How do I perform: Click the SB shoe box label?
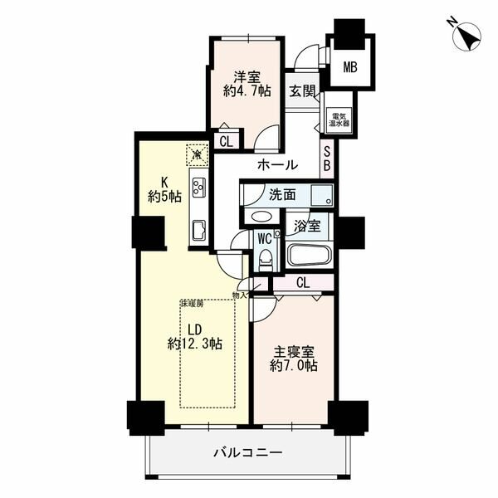coord(328,158)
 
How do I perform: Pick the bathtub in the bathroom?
coord(310,254)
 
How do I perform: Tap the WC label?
coord(265,237)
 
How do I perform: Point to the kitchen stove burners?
coord(199,185)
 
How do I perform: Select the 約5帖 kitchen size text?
coord(164,196)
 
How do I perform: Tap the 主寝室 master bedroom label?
coord(293,349)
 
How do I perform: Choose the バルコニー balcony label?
coord(249,453)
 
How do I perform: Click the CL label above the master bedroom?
coord(302,283)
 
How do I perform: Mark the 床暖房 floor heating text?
coord(192,305)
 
